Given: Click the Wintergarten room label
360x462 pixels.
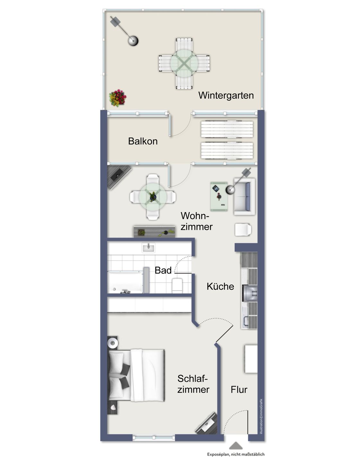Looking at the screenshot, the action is (226, 96).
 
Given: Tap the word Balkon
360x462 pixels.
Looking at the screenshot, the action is (143, 141).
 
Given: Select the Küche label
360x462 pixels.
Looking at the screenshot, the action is (220, 287).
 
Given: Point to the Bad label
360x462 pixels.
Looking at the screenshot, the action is (163, 270).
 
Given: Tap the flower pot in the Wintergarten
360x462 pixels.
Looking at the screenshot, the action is (118, 98).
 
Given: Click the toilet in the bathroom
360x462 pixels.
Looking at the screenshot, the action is (177, 286).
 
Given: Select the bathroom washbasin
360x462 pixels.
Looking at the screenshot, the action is (148, 248).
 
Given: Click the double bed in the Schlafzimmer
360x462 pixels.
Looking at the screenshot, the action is (136, 376).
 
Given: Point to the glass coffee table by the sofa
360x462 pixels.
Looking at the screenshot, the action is (219, 196).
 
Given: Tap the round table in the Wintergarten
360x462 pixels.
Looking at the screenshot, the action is (184, 63).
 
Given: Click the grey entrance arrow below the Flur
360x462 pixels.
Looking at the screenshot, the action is (235, 445).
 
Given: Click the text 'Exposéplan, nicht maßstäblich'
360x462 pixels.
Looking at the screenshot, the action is (236, 454).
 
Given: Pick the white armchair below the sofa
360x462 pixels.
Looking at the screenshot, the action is (243, 230).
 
